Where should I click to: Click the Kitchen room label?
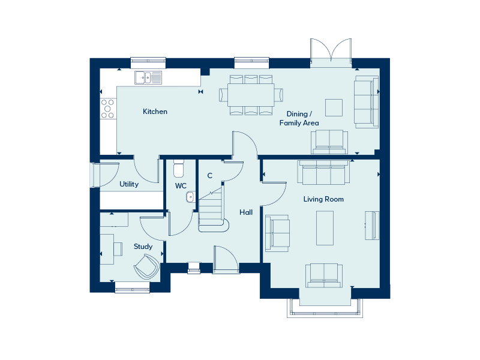tap(155, 112)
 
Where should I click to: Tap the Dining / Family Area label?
tap(299, 118)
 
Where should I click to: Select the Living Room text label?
tap(323, 199)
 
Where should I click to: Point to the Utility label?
tap(129, 184)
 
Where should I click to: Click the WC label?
tap(181, 186)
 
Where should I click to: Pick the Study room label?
tap(143, 247)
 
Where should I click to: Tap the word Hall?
tap(246, 212)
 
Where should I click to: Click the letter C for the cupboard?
tap(209, 176)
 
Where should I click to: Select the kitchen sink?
tap(148, 77)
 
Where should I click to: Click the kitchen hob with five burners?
tap(108, 109)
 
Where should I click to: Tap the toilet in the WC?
tap(178, 169)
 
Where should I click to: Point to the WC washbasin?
tap(190, 197)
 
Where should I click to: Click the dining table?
tap(251, 95)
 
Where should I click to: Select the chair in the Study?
tap(147, 266)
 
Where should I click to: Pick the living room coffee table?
tap(325, 228)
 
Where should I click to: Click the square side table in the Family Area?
tap(334, 107)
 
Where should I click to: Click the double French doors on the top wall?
tap(331, 52)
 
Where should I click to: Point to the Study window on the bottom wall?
tap(132, 288)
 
